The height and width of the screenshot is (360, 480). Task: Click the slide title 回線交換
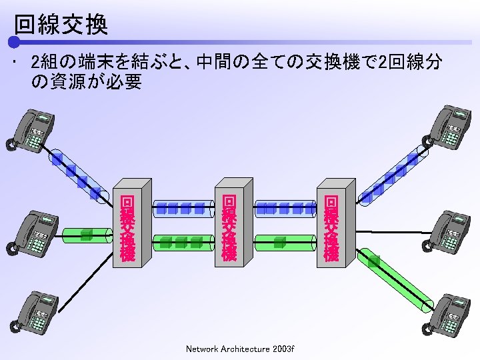(61, 25)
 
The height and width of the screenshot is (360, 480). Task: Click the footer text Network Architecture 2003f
(240, 349)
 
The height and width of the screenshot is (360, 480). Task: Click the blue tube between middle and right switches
(284, 208)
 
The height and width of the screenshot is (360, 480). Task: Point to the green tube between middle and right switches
(284, 241)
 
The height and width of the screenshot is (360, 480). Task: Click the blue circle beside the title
(13, 41)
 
